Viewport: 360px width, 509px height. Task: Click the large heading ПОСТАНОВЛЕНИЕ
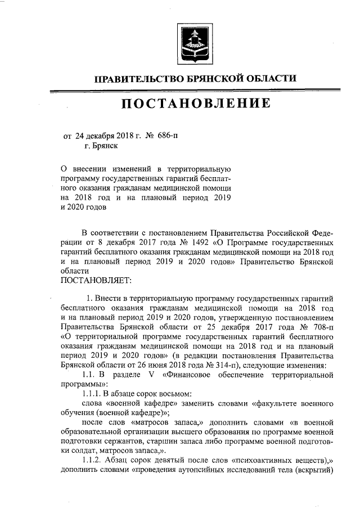tap(194, 103)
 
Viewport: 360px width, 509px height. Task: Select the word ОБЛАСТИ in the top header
tap(268, 78)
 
